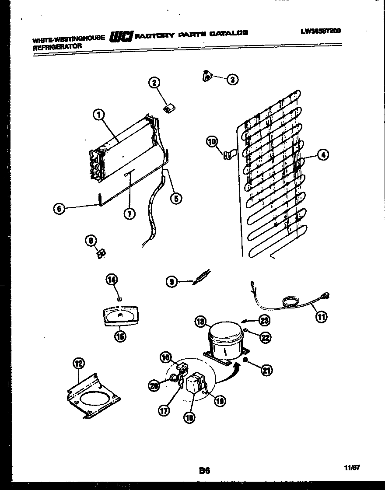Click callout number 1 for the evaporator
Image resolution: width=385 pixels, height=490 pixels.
(x=99, y=115)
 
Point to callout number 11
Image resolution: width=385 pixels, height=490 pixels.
(x=322, y=317)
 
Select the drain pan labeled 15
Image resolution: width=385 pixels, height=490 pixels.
(x=119, y=316)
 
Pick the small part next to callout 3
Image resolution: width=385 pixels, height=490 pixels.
(x=207, y=77)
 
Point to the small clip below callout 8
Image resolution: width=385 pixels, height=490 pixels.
(x=101, y=253)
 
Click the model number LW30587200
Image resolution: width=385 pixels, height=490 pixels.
(x=321, y=31)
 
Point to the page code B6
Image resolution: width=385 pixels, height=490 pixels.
(x=204, y=471)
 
